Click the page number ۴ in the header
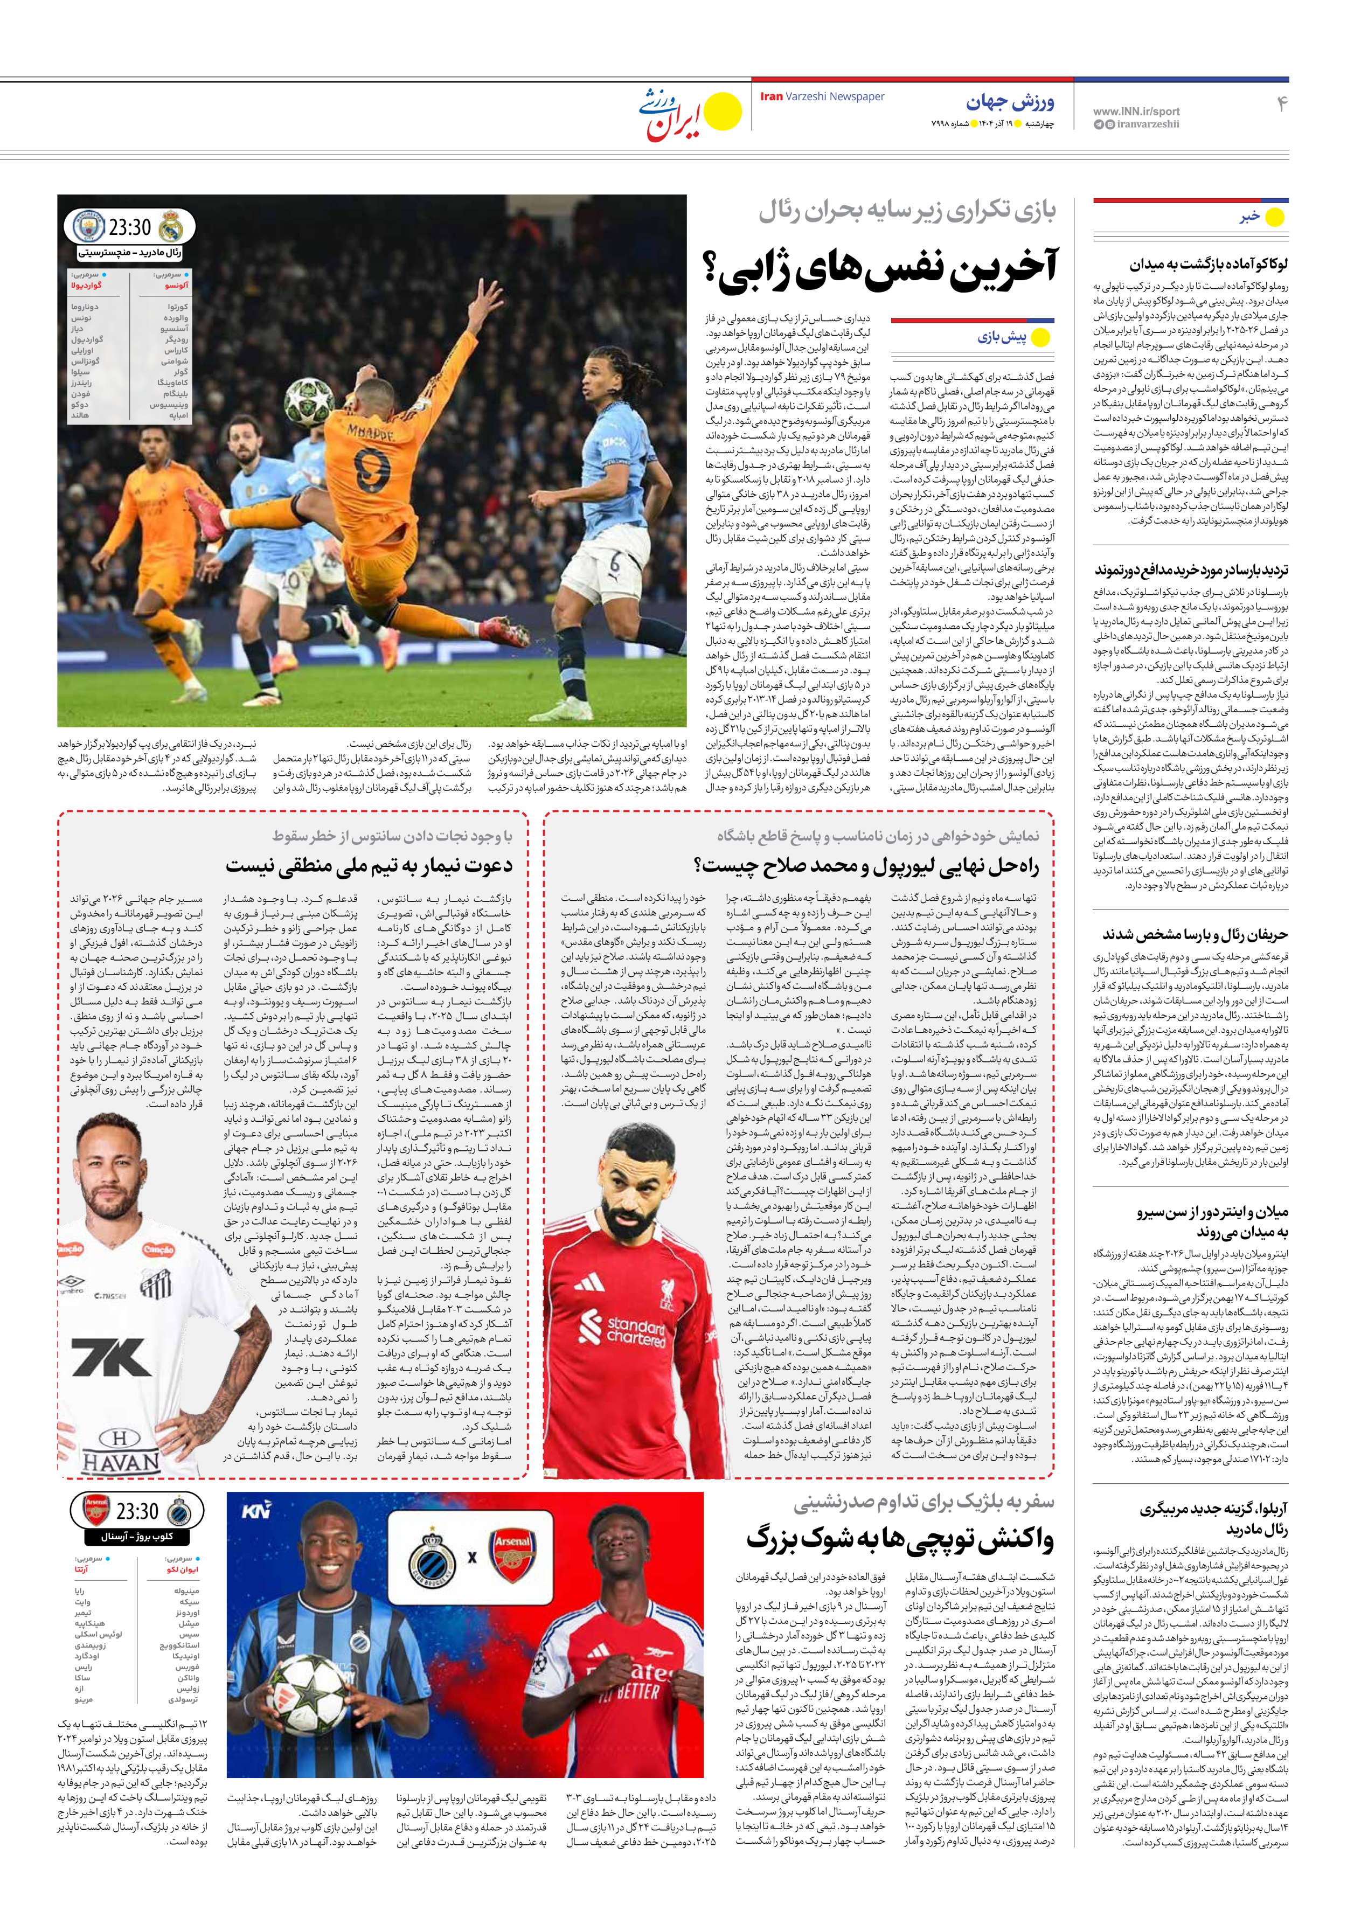point(1281,104)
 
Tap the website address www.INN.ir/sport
point(1136,110)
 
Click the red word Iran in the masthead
point(771,96)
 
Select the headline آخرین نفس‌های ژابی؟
point(880,267)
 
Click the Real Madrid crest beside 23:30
point(171,226)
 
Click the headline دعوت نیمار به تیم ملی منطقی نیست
point(369,865)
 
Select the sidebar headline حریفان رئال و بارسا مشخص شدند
point(1195,934)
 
